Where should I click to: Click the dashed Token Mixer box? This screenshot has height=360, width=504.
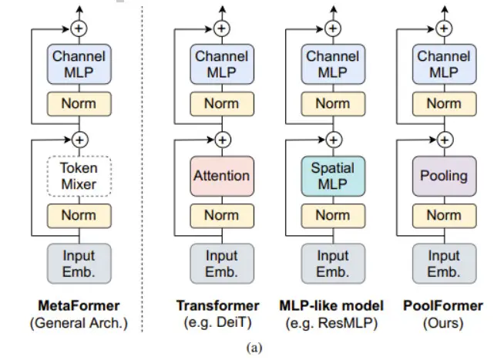(79, 176)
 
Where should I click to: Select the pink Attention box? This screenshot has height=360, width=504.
(222, 176)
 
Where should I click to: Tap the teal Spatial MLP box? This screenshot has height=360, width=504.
(334, 176)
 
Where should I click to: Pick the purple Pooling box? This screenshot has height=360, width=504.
(445, 176)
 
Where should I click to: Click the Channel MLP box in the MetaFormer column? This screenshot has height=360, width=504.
(79, 64)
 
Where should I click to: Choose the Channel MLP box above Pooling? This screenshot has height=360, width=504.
(445, 64)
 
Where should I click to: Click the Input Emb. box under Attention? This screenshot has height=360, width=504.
(222, 264)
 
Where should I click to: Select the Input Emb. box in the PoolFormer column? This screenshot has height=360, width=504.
(445, 264)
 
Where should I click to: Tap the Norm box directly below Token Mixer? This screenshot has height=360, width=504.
(79, 216)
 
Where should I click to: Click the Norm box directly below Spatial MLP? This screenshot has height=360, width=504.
(334, 216)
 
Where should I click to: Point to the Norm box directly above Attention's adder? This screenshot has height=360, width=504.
(222, 104)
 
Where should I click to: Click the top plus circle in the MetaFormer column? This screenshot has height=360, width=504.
(79, 29)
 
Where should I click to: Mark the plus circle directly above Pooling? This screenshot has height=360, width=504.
(445, 140)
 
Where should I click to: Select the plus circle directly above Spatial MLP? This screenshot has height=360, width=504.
(334, 140)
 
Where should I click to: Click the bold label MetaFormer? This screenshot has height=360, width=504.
(79, 306)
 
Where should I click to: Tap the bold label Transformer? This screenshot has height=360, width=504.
(218, 306)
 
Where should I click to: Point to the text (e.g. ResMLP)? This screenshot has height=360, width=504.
(331, 323)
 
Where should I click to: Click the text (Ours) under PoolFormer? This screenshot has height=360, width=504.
(443, 323)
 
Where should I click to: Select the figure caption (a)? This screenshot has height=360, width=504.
(254, 348)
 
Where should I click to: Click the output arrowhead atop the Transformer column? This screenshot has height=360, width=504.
(222, 9)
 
